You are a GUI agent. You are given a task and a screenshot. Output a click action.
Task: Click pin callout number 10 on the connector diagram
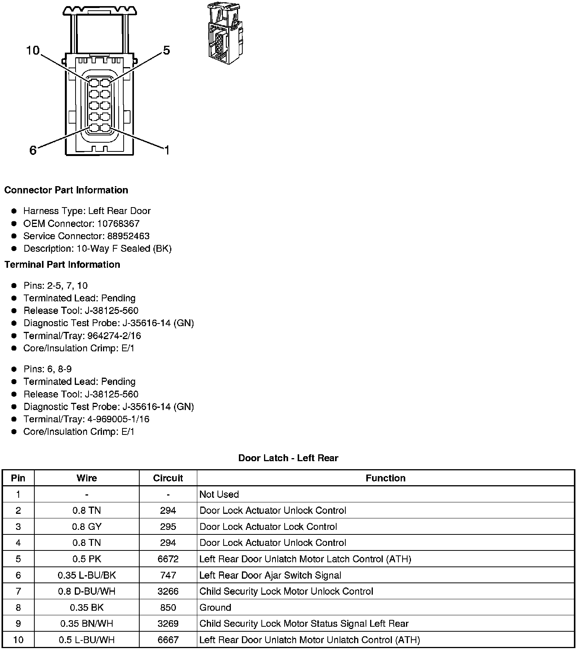tap(33, 50)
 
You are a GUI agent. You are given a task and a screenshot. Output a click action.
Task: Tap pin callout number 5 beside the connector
tap(166, 50)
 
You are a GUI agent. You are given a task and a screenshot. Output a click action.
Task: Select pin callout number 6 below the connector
tap(33, 150)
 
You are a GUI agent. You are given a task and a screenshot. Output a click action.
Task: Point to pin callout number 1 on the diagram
tap(166, 150)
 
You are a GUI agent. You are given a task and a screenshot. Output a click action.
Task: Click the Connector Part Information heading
tap(66, 190)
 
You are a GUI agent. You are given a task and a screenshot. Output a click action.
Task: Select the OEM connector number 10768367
tap(118, 224)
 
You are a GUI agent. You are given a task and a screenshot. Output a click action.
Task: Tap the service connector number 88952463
tap(128, 236)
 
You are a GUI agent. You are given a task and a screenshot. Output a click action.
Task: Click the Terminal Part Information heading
tap(62, 264)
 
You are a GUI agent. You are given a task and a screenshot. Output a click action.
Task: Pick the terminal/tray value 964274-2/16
tap(114, 336)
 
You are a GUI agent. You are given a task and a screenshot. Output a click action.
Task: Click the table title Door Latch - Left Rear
tap(288, 458)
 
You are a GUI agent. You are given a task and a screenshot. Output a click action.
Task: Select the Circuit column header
tap(168, 478)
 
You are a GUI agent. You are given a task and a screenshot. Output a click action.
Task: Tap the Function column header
tap(385, 478)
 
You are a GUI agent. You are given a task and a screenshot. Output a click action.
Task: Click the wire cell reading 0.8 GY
tap(87, 527)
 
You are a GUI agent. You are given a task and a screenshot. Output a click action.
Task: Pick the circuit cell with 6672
tap(168, 559)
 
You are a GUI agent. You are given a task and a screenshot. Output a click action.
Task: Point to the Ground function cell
tap(215, 607)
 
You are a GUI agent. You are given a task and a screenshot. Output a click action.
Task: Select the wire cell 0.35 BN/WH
tap(87, 623)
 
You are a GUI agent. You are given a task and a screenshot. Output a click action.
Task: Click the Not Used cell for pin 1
tap(219, 494)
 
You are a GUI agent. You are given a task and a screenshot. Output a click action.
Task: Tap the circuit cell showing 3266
tap(168, 591)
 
